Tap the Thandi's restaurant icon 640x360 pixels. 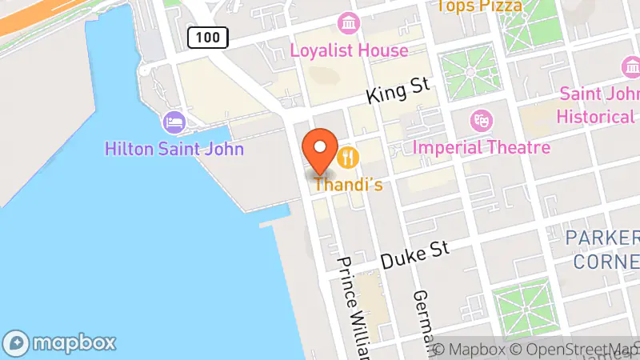coord(347,155)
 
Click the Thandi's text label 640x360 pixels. coord(347,185)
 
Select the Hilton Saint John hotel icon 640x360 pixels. coord(174,123)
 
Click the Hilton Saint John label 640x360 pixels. coord(175,149)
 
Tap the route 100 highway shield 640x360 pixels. coord(209,36)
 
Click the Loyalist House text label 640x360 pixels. coord(349,50)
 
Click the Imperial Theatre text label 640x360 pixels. coord(481,147)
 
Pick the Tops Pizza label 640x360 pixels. coord(478,6)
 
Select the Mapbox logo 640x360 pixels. coord(60,342)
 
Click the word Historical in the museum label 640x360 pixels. coord(595,117)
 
